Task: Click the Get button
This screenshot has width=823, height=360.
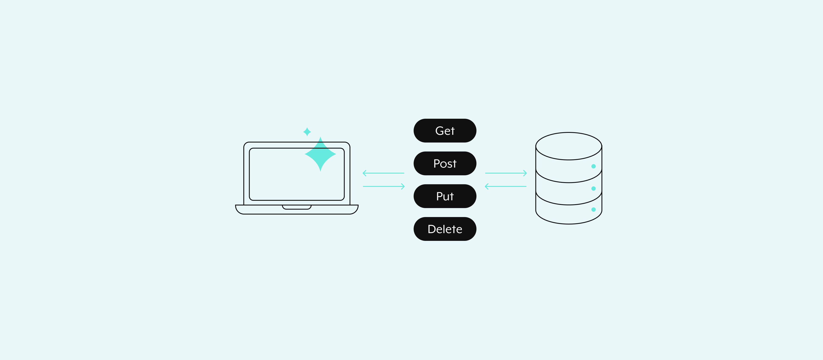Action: (x=445, y=131)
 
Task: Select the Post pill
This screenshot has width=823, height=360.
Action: (x=445, y=163)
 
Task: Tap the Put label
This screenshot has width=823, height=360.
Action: (x=445, y=196)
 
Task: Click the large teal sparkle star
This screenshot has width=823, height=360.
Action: (x=320, y=154)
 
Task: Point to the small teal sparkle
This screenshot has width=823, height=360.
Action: (x=307, y=132)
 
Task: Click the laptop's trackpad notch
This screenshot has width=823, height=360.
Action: (x=296, y=207)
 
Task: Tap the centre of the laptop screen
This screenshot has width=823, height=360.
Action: (x=296, y=174)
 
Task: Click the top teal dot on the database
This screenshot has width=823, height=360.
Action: (x=593, y=166)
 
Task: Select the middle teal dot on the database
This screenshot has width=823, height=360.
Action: (x=593, y=189)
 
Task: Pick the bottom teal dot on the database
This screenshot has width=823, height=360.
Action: (x=593, y=210)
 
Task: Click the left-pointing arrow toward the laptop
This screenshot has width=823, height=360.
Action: (x=383, y=173)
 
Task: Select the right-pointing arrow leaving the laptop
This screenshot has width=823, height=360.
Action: (x=384, y=186)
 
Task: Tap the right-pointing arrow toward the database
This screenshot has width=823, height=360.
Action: (x=506, y=173)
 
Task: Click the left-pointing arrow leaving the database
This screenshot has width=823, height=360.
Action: (x=505, y=186)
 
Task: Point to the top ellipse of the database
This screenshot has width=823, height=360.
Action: (x=569, y=133)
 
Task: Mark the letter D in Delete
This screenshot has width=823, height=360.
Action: (x=432, y=229)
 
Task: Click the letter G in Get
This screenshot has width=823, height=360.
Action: (x=439, y=131)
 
